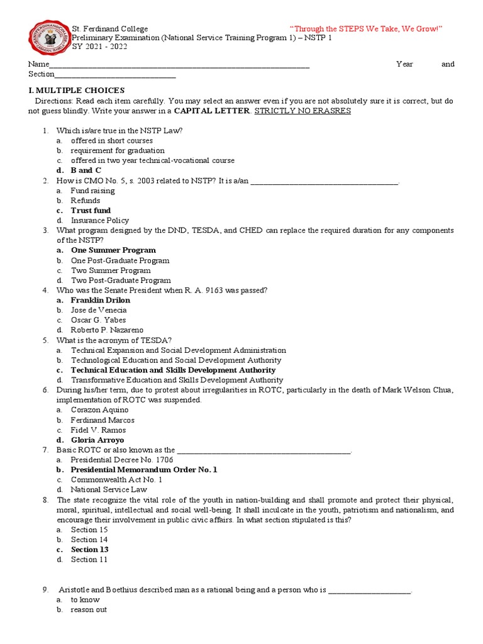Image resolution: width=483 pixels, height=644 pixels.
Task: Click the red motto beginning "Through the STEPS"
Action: tap(366, 29)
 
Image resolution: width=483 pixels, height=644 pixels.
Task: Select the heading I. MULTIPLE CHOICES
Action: tap(75, 91)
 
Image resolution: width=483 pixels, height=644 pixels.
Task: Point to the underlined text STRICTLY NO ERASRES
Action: tap(303, 111)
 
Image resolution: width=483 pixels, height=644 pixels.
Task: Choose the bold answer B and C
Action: tap(86, 170)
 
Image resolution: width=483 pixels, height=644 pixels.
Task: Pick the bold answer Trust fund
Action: tap(91, 210)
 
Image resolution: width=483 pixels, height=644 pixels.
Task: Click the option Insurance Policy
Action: tap(100, 220)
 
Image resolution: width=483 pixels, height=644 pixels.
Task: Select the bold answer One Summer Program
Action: tap(113, 250)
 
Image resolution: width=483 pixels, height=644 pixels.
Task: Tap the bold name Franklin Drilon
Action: tap(101, 300)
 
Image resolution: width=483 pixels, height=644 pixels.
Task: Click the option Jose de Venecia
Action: tap(99, 310)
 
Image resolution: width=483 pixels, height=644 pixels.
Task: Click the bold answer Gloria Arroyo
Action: tap(97, 440)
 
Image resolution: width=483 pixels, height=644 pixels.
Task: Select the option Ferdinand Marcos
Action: tap(103, 420)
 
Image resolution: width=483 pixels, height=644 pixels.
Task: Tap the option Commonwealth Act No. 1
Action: tap(117, 479)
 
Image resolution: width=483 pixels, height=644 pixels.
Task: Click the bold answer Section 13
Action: tap(89, 550)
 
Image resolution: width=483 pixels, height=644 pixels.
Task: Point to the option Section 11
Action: tap(89, 559)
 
